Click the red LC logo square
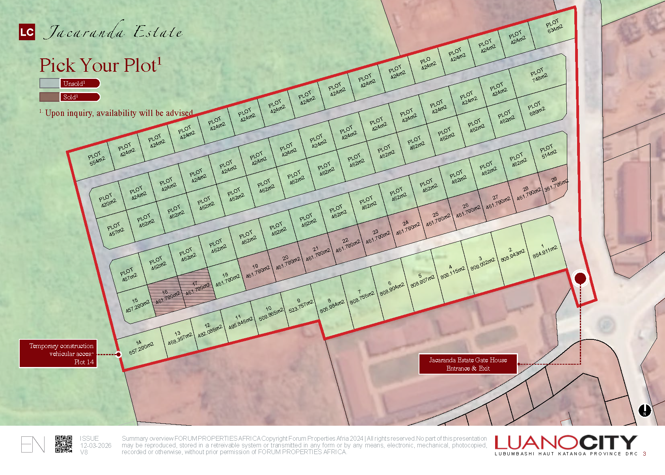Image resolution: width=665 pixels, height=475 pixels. pos(27,32)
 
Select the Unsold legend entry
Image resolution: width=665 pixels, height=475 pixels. pos(70,83)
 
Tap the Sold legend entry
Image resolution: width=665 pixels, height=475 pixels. pos(70,97)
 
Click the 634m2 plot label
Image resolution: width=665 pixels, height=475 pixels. pos(554,26)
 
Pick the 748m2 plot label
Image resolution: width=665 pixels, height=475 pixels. pos(538,75)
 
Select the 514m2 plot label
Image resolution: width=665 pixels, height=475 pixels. pos(548,151)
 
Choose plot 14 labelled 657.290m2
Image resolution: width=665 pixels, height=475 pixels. pos(140,346)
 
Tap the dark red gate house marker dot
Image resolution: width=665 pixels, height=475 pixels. pos(580,278)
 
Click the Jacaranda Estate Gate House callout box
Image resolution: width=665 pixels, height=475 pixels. pos(468,364)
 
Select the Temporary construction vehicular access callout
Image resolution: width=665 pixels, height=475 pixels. pos(58,354)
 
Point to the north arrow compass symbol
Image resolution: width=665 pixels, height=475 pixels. pos(645,410)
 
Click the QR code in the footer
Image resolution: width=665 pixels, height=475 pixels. pos(63,444)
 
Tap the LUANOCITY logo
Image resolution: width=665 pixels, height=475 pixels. pos(566,443)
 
